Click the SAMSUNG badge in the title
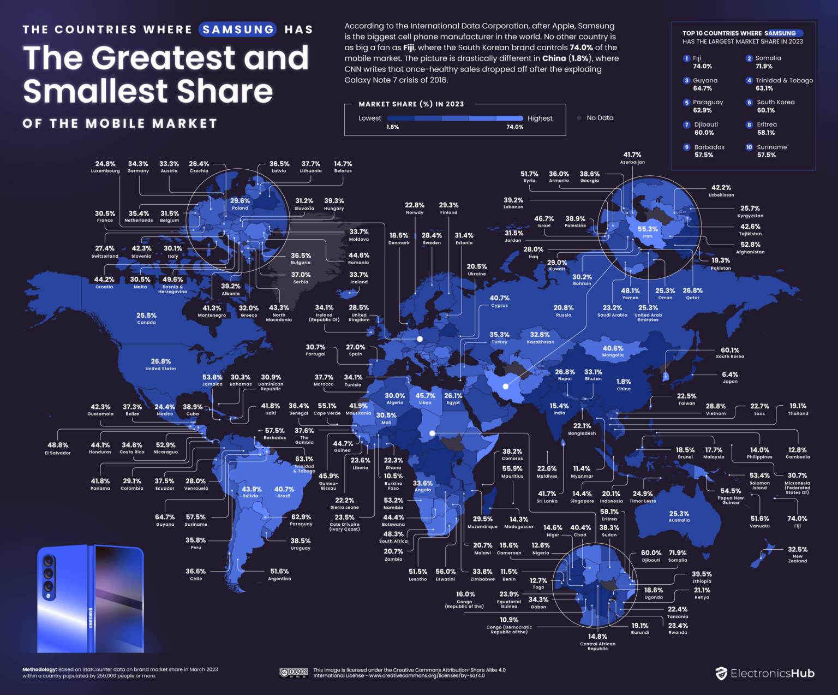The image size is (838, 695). pos(238,29)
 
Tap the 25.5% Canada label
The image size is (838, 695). pos(146,318)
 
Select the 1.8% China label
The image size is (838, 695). pos(624,385)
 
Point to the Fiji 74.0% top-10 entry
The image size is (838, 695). pos(702,62)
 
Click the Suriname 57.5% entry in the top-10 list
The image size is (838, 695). pos(771,151)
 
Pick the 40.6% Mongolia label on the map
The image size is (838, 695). pos(613,351)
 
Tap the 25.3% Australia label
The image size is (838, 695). pos(679,516)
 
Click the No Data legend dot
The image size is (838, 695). pos(579,118)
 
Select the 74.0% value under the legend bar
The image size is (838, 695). pos(514,127)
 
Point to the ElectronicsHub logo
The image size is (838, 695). pos(765,673)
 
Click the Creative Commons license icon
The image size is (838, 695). pos(294,673)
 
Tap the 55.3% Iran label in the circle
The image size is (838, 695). pos(648,232)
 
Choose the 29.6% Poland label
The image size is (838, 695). pos(240,204)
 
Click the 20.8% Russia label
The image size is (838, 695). pos(564,311)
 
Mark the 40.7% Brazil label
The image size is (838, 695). pos(284,492)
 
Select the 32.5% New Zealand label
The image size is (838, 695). pos(797,554)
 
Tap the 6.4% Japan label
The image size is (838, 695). pos(729,377)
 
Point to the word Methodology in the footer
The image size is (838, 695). pos(39,669)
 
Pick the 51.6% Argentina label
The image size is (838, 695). pos(279,574)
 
